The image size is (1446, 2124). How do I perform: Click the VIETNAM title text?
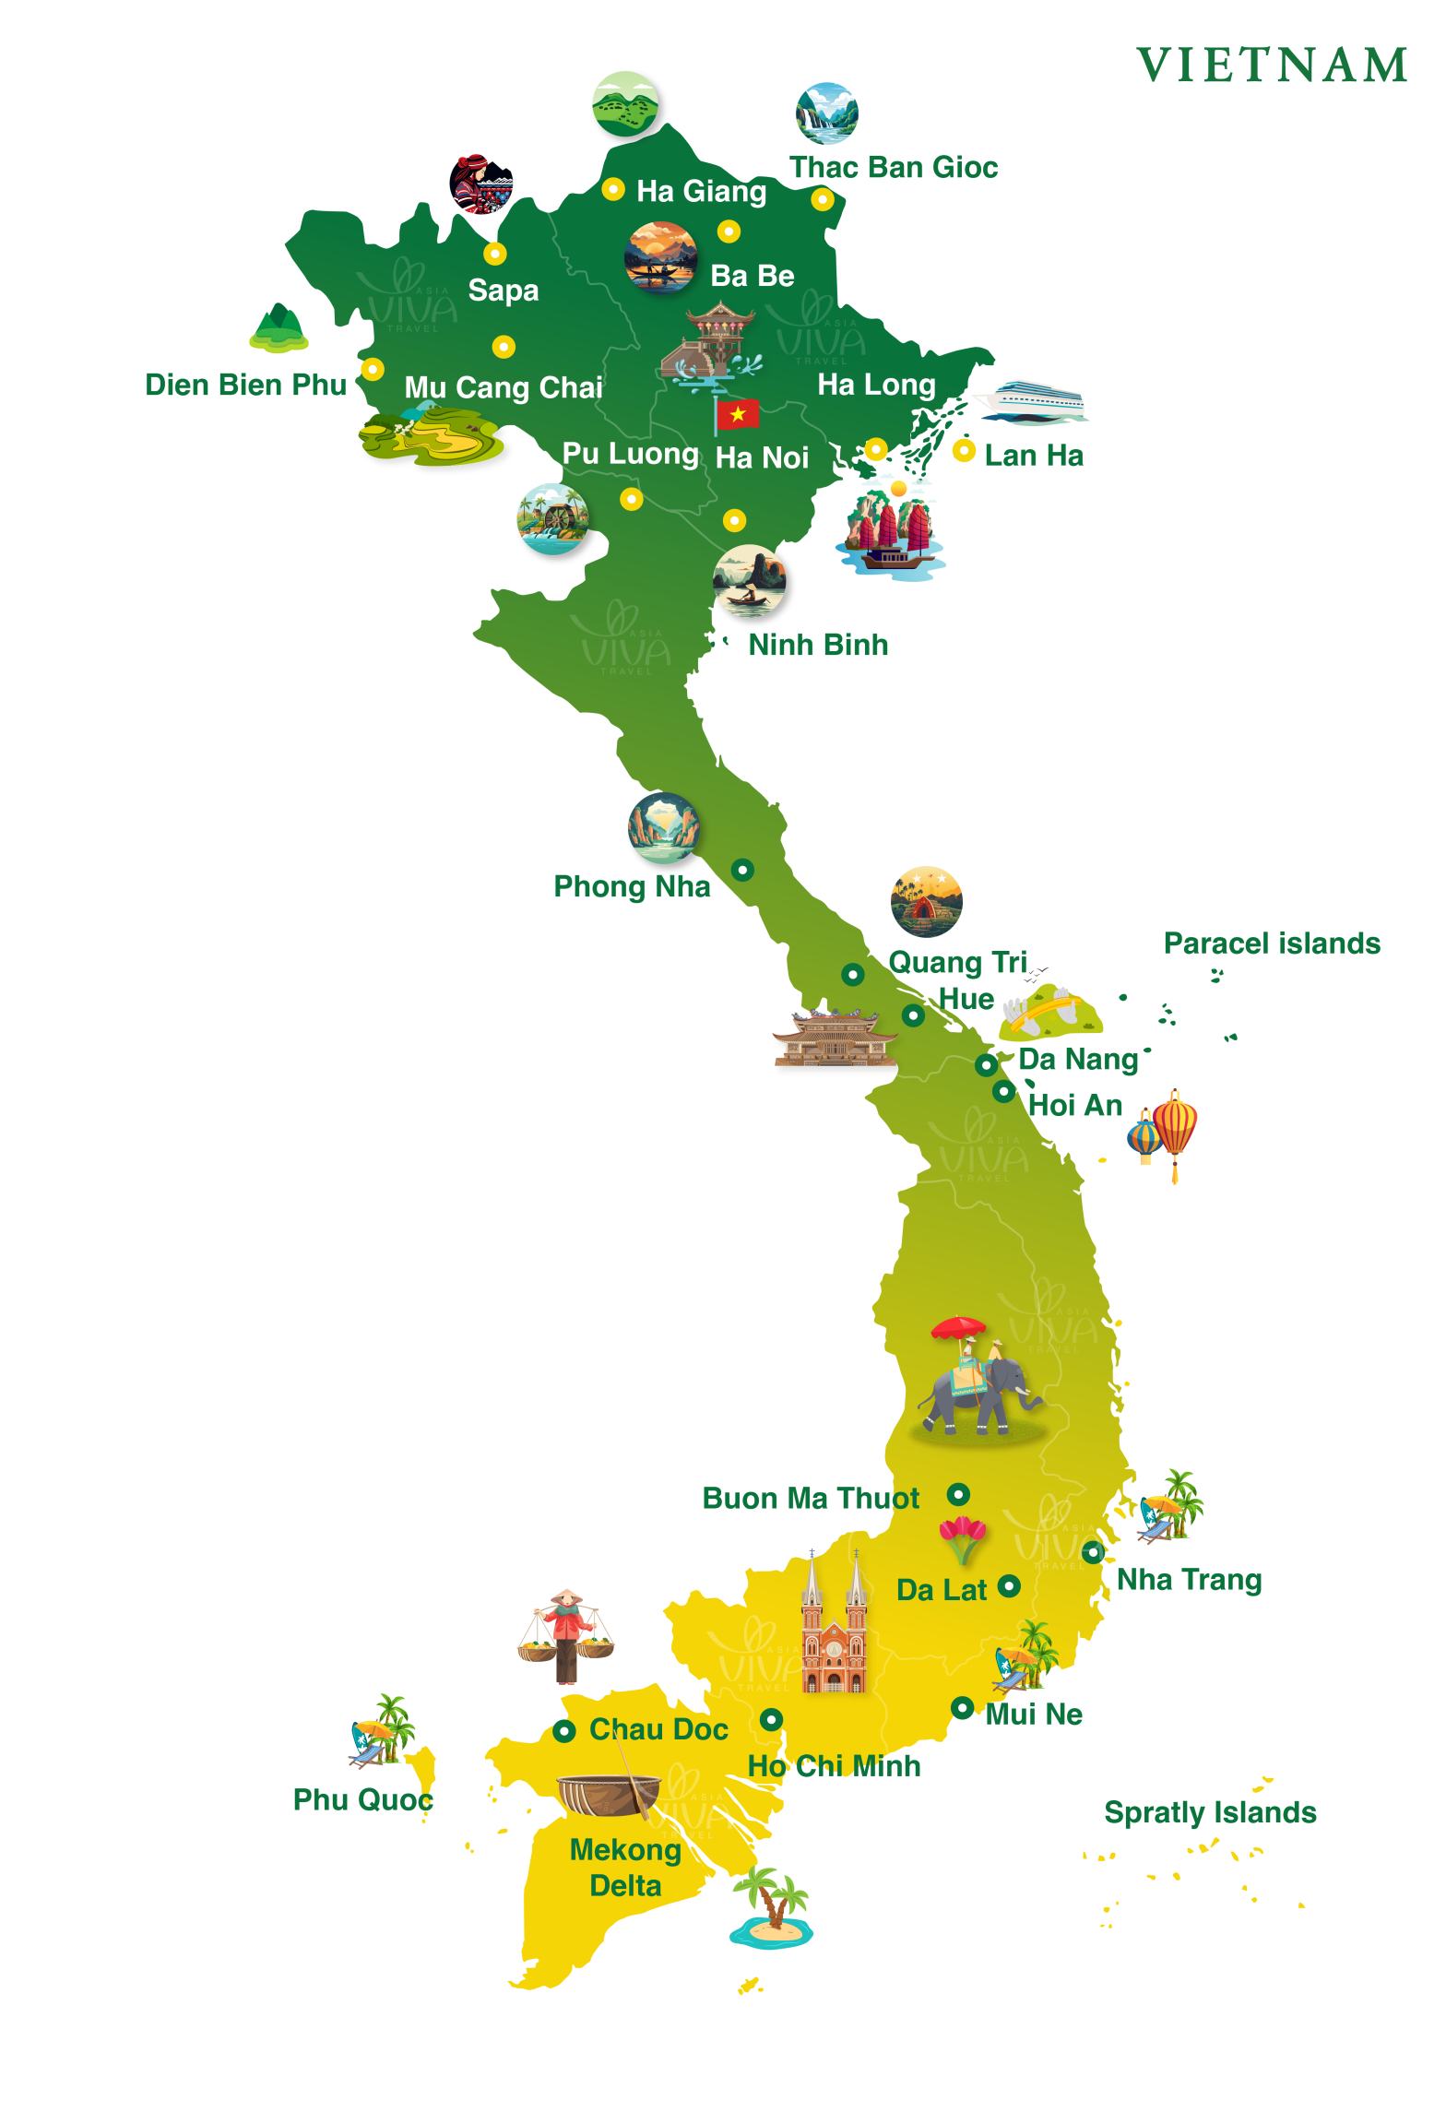[1272, 65]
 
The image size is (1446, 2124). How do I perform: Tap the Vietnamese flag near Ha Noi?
[737, 415]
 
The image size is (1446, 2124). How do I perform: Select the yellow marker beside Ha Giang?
[613, 189]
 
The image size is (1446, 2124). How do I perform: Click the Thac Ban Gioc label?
[893, 167]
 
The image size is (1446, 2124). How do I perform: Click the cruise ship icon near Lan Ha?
[1034, 402]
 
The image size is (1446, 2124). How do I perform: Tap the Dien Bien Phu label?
[245, 385]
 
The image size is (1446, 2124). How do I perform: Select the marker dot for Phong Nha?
[742, 869]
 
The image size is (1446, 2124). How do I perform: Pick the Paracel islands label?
[1271, 943]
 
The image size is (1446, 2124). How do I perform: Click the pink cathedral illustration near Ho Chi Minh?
[834, 1628]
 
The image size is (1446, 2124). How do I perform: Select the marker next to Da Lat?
[1009, 1585]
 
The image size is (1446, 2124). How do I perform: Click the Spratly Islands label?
[1209, 1811]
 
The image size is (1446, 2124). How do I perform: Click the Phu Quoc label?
[361, 1798]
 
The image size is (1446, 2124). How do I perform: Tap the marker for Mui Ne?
[962, 1707]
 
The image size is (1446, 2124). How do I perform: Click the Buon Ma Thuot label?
[810, 1498]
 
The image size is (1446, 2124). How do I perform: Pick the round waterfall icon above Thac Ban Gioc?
[826, 113]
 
